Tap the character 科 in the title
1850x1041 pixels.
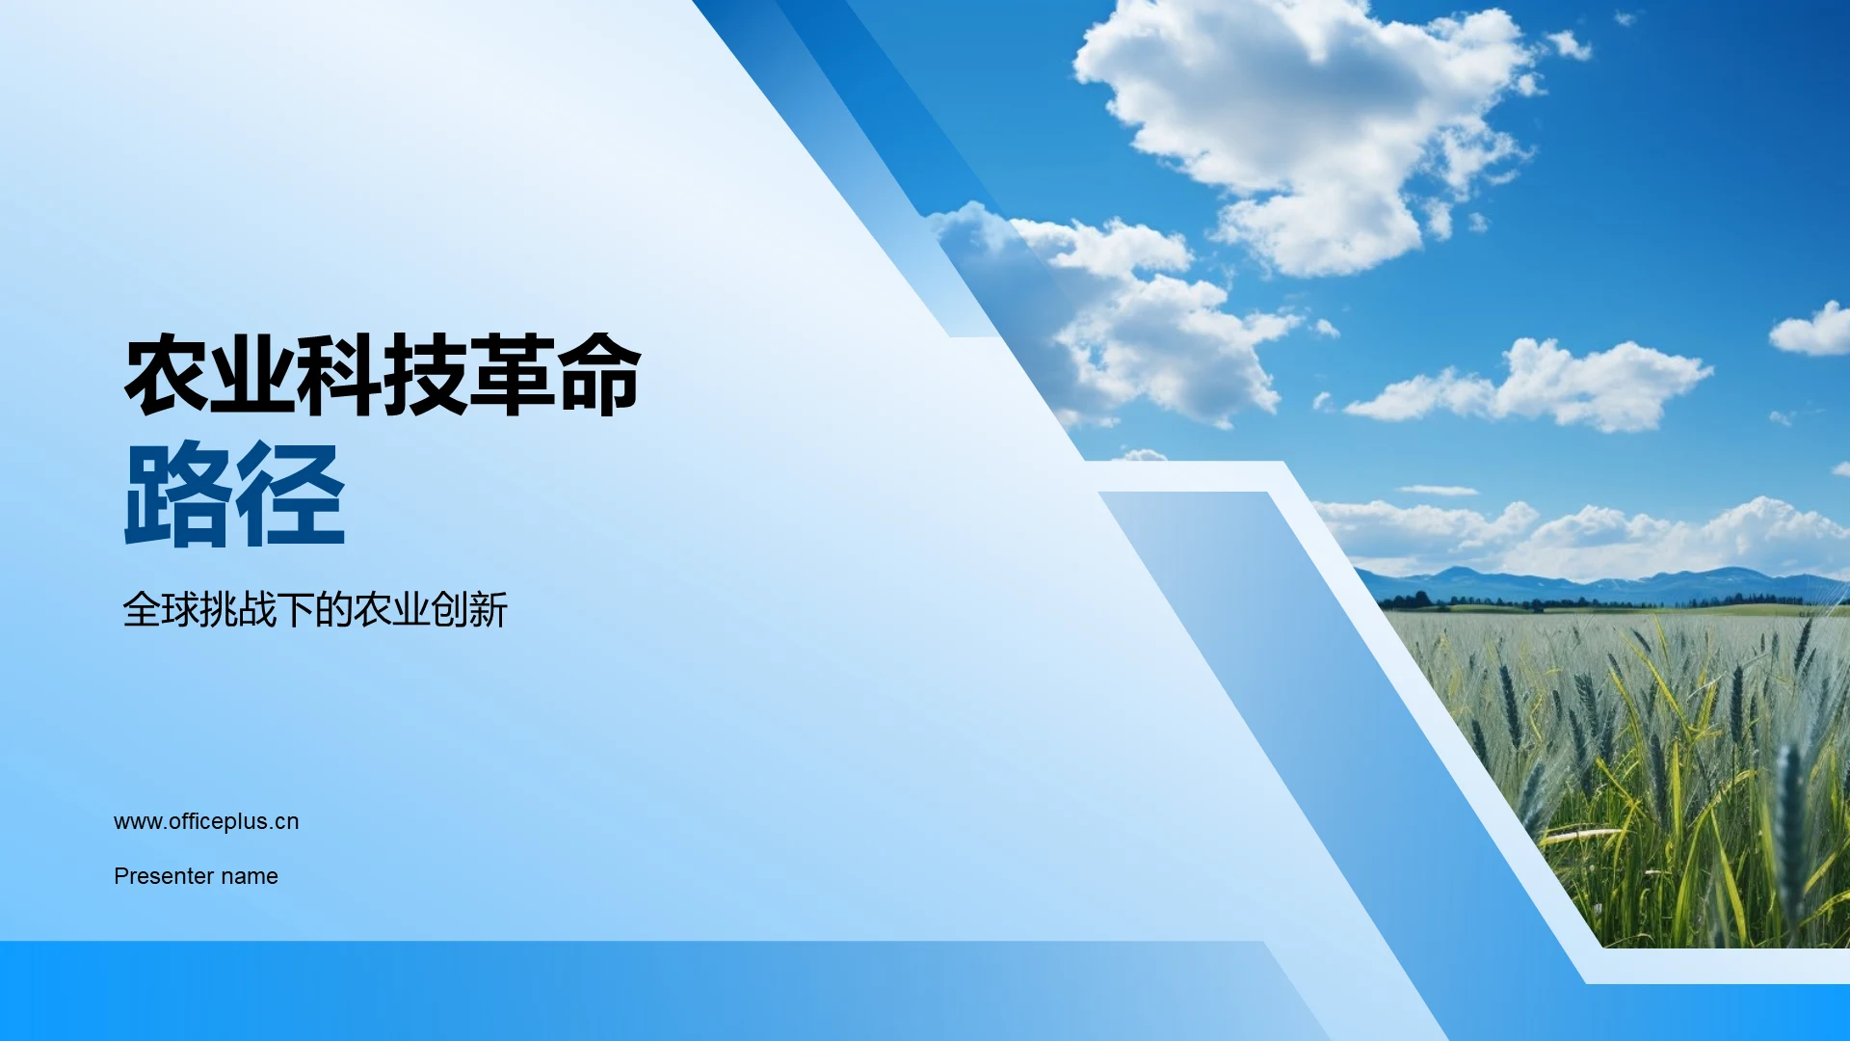(x=339, y=376)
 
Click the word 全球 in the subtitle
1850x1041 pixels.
(x=161, y=610)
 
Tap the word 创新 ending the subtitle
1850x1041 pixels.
(x=469, y=610)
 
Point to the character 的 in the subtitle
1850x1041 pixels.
(x=334, y=610)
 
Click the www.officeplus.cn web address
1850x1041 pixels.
(x=206, y=821)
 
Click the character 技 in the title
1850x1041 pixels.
(x=426, y=376)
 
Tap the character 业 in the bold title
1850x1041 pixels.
(x=252, y=376)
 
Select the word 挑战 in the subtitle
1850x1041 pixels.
(x=238, y=610)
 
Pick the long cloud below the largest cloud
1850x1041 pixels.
(x=1542, y=386)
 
